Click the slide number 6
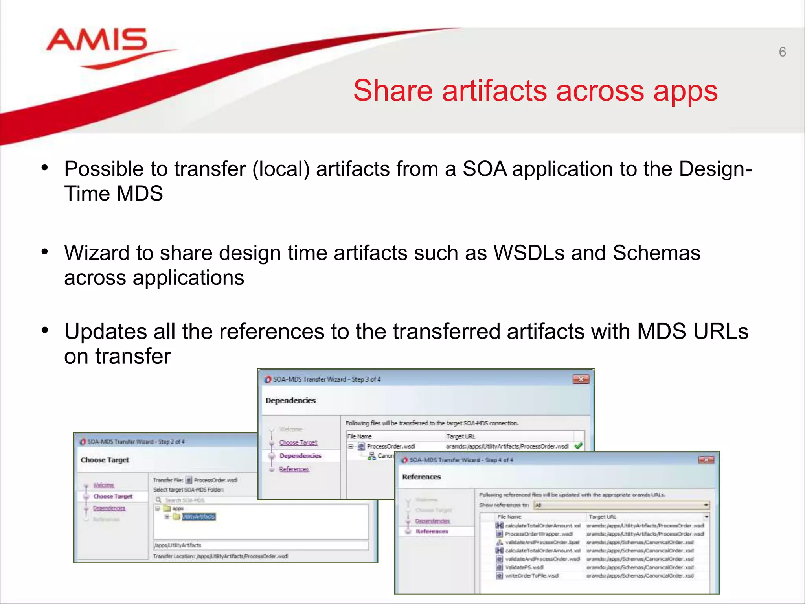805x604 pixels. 782,52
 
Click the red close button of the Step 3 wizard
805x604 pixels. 581,379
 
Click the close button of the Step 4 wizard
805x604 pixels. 706,460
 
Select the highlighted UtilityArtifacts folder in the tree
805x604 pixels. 198,516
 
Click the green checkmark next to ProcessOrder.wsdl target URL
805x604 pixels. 578,446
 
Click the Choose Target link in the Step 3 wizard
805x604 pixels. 298,442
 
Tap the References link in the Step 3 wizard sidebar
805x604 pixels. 294,469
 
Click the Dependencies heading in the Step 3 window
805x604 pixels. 290,400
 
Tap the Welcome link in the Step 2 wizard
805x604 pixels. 103,485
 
